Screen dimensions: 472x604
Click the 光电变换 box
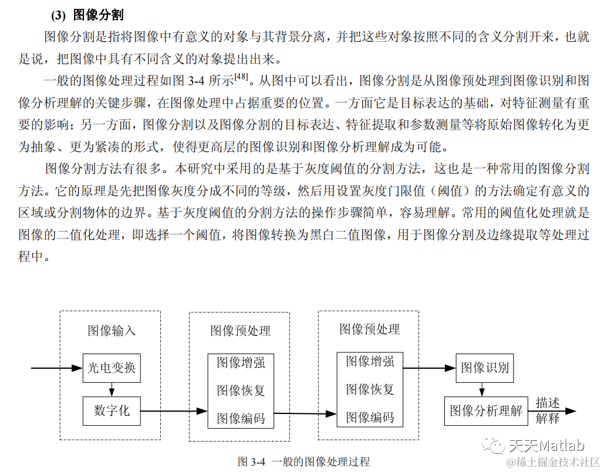(x=112, y=368)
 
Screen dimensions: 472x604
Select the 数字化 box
(x=112, y=410)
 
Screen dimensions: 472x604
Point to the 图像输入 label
(x=112, y=331)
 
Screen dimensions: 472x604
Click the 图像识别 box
(x=485, y=368)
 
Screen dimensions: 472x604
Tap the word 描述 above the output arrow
(x=547, y=403)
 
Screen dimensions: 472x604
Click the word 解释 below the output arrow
(x=547, y=419)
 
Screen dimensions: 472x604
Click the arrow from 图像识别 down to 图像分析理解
(x=482, y=389)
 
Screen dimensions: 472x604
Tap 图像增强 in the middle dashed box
(x=241, y=363)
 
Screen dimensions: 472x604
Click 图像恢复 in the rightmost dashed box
(x=370, y=389)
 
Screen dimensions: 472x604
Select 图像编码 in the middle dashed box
(x=241, y=418)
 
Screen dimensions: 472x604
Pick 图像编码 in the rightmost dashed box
(x=370, y=417)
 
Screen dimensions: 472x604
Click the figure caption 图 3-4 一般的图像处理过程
(x=303, y=461)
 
